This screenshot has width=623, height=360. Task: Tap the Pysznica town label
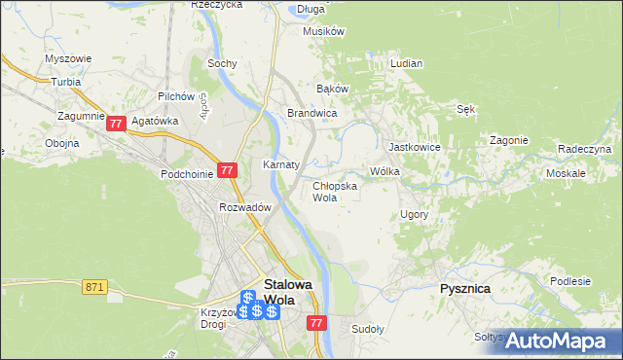click(464, 289)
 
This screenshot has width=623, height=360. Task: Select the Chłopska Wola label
click(334, 191)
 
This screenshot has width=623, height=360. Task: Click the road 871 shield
click(94, 286)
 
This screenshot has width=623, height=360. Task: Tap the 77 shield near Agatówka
click(117, 124)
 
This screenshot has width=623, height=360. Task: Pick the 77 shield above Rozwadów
click(227, 169)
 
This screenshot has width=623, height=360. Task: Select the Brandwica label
click(311, 113)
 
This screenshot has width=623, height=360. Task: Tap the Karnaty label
click(280, 164)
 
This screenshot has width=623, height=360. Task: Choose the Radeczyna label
click(584, 149)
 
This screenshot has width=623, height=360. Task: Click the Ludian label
click(406, 63)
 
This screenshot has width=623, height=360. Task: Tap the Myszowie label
click(68, 58)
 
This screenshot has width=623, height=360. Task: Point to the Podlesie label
click(570, 281)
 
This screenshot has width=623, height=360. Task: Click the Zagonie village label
click(508, 139)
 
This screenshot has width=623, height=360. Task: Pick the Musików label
click(324, 31)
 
